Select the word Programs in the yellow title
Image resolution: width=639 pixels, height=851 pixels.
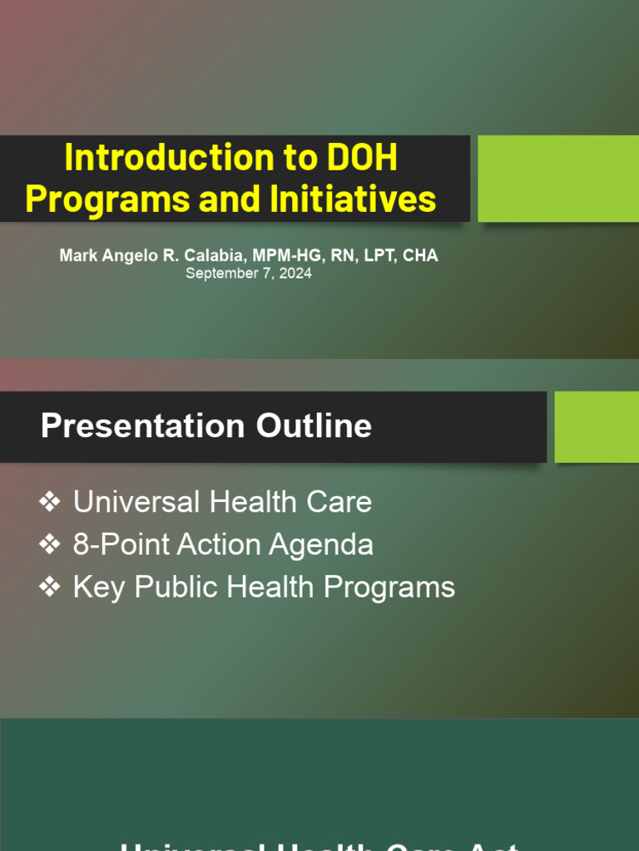(x=93, y=199)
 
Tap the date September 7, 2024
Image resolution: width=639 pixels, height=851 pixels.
(x=248, y=273)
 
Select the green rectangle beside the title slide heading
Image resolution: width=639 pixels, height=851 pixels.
(x=557, y=179)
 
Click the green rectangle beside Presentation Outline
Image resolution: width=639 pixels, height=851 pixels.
(x=596, y=427)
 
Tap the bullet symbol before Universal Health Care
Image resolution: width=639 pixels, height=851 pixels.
(x=50, y=502)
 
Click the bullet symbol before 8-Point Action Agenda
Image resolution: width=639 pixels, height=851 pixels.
(x=50, y=545)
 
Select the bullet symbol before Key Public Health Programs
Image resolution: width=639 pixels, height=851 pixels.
(x=50, y=588)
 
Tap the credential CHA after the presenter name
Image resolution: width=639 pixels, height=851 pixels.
(x=420, y=256)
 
